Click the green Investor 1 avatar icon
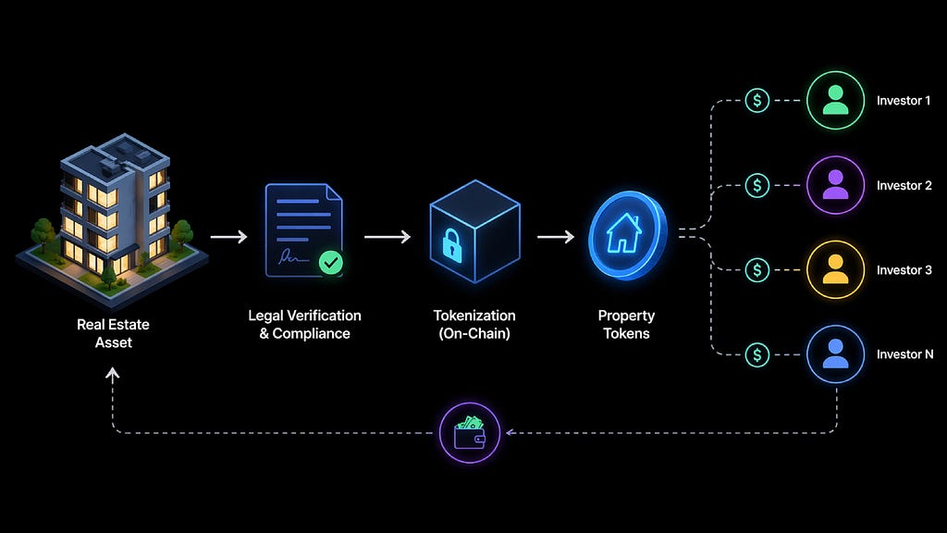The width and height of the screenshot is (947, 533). [835, 101]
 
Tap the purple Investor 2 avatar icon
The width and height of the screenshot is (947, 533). [835, 185]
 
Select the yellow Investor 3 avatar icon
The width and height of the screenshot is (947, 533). [835, 269]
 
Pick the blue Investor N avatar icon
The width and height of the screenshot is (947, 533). [835, 353]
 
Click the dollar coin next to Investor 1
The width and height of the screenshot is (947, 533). [757, 101]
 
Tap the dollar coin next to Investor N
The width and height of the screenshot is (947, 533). [757, 353]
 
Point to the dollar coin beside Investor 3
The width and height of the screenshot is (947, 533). [757, 269]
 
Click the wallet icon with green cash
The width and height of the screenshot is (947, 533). [470, 432]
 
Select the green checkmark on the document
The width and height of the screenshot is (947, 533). [330, 263]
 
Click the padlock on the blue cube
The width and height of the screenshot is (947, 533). [452, 243]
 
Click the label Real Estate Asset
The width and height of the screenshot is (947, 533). [113, 333]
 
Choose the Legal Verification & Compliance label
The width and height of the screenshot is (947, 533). [304, 324]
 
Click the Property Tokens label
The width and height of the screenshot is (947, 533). [626, 324]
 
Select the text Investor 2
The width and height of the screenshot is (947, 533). [904, 185]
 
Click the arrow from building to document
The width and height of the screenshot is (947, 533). [228, 237]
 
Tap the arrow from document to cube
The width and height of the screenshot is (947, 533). [387, 237]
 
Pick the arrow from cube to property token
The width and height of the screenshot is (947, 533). [555, 237]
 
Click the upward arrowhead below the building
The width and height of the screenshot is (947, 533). [113, 374]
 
